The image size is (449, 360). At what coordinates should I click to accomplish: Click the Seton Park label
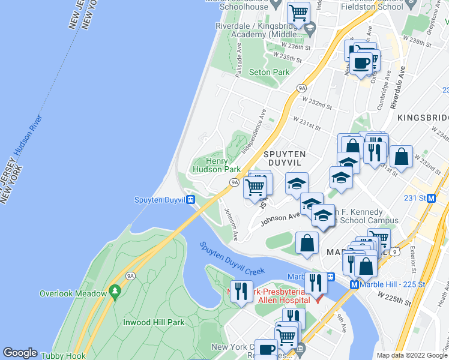click(269, 72)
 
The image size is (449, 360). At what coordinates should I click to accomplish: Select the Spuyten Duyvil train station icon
click(190, 200)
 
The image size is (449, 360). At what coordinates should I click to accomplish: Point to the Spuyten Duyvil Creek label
click(232, 259)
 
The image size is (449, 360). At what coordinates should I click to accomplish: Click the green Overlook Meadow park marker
click(115, 293)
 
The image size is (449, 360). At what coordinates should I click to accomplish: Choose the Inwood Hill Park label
click(154, 322)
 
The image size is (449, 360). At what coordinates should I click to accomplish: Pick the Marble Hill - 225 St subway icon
click(354, 284)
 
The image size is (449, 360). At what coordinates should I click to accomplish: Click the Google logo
click(20, 353)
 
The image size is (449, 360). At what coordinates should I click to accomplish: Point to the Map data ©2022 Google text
click(412, 355)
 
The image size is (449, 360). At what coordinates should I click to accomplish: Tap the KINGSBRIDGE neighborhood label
click(423, 117)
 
